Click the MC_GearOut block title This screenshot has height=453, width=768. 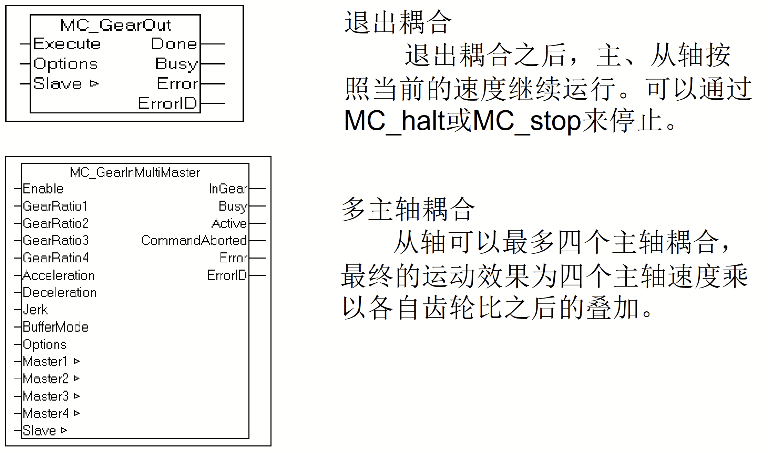click(115, 25)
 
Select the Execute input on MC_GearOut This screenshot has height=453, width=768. click(67, 44)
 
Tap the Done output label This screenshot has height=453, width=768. click(174, 44)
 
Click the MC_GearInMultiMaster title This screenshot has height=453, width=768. click(135, 172)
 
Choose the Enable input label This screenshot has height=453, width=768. click(43, 189)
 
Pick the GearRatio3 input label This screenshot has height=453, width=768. click(56, 241)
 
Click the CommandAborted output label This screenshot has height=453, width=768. click(194, 241)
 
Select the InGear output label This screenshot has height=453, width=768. click(228, 189)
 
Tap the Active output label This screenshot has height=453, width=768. click(229, 223)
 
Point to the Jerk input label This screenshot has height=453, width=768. click(35, 310)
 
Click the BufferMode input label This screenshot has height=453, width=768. click(56, 327)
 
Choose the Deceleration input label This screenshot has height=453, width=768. click(60, 292)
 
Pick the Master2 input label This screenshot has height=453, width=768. click(46, 379)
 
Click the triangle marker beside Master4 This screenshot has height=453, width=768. click(76, 413)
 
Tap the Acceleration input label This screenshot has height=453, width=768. click(59, 275)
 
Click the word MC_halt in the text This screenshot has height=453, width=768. click(395, 121)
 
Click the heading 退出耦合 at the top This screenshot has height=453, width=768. click(398, 22)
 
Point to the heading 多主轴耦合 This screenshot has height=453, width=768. click(408, 209)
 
